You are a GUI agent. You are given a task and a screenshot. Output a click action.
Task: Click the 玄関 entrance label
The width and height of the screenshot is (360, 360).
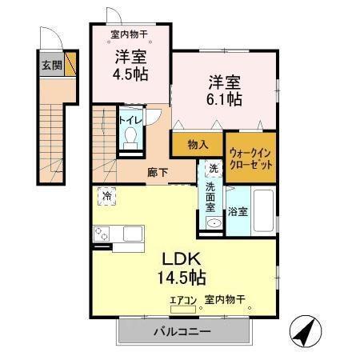coord(52,64)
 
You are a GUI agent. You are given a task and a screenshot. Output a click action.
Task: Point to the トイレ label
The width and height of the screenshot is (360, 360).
coord(130,120)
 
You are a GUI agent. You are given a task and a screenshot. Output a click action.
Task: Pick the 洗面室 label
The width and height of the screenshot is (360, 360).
coord(211,197)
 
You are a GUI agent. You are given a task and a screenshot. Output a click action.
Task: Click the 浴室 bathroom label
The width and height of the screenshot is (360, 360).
coord(238,212)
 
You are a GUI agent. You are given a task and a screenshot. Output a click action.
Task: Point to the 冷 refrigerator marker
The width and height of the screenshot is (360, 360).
coord(107,195)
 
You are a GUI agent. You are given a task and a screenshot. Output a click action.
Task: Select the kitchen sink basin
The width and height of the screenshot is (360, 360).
coord(132,234)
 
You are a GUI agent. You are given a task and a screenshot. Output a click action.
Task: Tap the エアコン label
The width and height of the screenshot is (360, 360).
coord(183,301)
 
